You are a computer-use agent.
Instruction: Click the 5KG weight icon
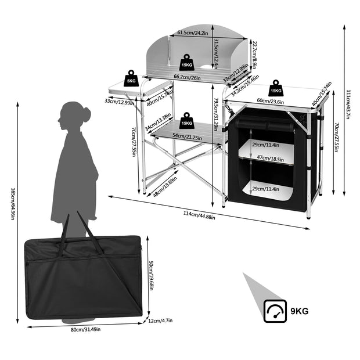[130, 78]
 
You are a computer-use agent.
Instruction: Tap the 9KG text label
[300, 311]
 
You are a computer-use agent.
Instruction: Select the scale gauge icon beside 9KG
[275, 311]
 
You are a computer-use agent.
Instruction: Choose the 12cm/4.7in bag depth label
[160, 319]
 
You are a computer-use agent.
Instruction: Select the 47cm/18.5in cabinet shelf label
[269, 157]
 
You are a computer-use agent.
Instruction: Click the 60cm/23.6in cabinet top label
[270, 101]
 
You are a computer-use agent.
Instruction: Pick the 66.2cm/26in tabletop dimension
[187, 77]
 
